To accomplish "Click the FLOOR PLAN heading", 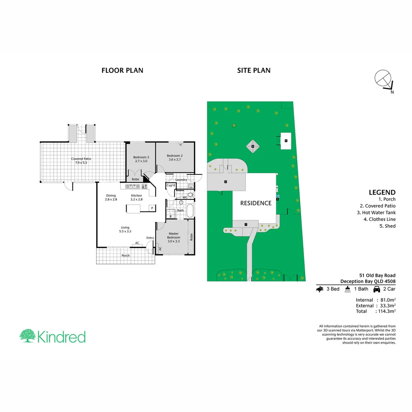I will coord(122,70).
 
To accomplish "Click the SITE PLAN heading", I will coord(254,70).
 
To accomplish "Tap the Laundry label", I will coord(181,180).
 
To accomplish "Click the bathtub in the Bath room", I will coord(189,210).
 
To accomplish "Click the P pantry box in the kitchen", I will coord(152,208).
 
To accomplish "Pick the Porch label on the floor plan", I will coord(125,256).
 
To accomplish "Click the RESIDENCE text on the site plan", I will coord(256,203).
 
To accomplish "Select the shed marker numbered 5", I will coord(286,141).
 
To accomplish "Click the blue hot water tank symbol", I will coord(277,196).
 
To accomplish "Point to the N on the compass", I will coord(392,92).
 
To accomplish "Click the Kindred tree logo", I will coord(28,336).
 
